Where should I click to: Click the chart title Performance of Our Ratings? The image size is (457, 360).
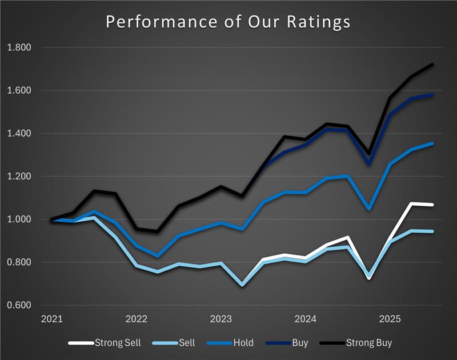click(x=228, y=22)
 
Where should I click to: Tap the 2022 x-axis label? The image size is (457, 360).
click(x=137, y=318)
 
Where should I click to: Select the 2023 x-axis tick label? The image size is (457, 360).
click(x=221, y=318)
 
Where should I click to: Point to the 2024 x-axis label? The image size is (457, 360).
click(x=306, y=318)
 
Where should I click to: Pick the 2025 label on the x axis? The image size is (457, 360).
click(x=390, y=318)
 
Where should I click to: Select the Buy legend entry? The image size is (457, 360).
click(x=299, y=343)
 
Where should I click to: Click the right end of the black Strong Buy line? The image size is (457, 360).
click(x=432, y=65)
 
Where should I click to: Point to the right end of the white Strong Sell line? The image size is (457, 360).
click(x=432, y=205)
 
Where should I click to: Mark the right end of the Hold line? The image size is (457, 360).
click(x=432, y=143)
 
